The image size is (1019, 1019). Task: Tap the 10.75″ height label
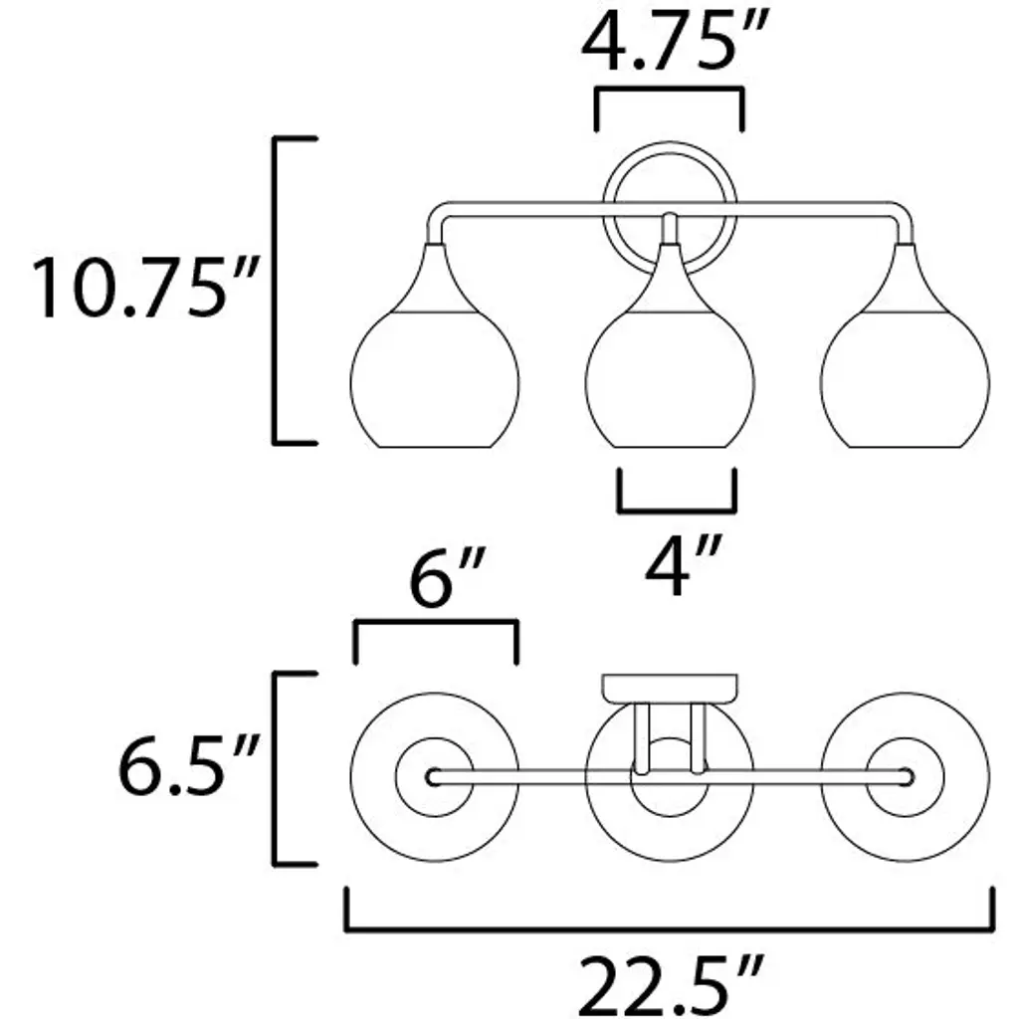coord(145,288)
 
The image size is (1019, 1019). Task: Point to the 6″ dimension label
coord(447,577)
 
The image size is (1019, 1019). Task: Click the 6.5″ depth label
coord(188,764)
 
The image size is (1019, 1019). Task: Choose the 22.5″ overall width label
coord(670,985)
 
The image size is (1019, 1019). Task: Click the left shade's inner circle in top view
coord(397,777)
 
